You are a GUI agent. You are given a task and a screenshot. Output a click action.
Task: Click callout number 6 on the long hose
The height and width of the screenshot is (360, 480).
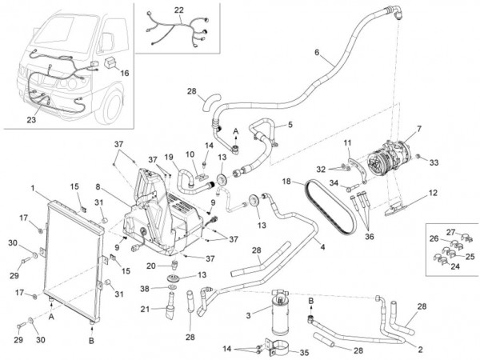(316, 53)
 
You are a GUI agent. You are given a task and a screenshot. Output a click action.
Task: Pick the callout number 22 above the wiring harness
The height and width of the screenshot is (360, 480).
(178, 10)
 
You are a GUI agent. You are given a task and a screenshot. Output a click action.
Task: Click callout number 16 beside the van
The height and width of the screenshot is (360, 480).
(124, 72)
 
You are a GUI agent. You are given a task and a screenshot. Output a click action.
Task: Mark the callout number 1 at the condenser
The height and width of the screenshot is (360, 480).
(32, 189)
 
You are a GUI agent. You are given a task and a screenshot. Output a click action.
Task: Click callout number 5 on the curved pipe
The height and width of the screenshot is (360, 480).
(290, 125)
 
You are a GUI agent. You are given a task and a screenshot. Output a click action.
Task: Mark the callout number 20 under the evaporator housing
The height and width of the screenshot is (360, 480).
(150, 265)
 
